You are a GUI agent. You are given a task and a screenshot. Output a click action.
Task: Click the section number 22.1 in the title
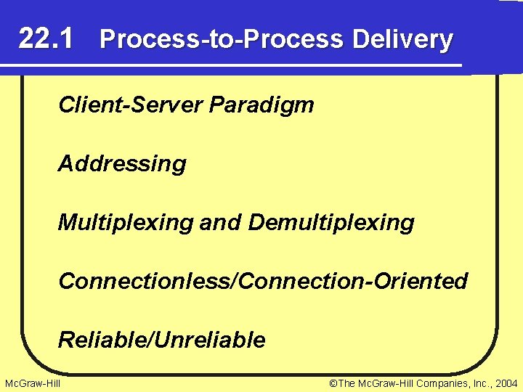(45, 38)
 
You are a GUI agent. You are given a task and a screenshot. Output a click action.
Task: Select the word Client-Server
(131, 105)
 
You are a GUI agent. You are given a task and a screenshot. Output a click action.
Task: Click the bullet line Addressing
(122, 164)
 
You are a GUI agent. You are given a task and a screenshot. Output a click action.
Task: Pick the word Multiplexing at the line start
(126, 222)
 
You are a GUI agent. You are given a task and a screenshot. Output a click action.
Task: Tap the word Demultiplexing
(331, 222)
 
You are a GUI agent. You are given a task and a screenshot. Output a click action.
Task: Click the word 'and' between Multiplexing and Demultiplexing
(221, 222)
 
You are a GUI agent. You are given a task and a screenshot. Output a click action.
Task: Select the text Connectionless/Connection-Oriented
(263, 280)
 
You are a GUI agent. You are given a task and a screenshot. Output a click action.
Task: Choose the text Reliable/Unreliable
(162, 339)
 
